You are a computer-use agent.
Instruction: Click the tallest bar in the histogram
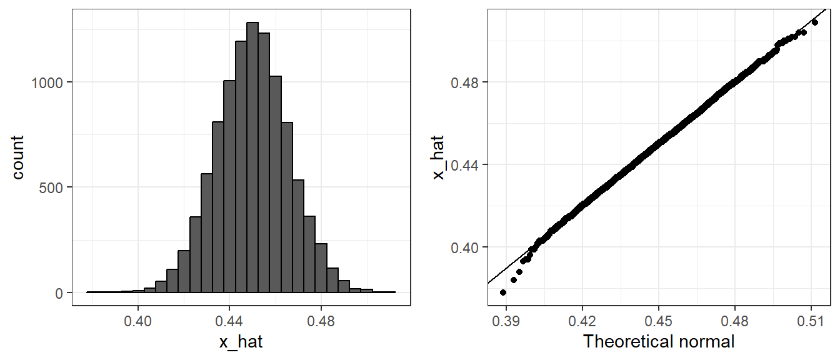tap(252, 156)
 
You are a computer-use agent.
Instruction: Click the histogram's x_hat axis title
tap(241, 342)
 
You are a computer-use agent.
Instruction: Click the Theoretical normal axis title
tap(658, 342)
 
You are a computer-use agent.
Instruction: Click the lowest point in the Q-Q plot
tap(503, 292)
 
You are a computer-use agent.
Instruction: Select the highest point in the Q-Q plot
tap(814, 22)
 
